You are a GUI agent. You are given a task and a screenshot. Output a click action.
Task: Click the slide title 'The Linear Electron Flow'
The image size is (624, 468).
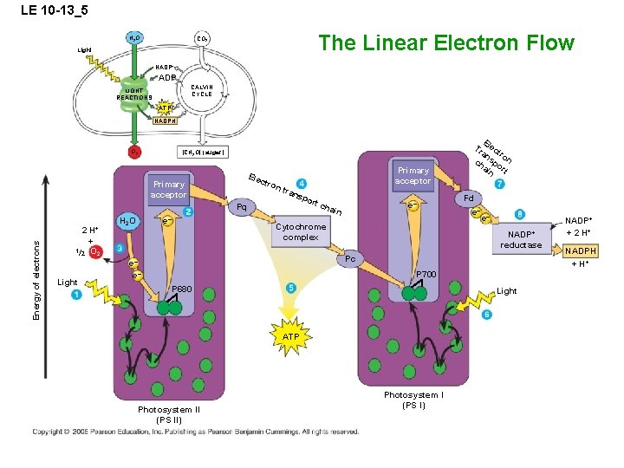click(446, 42)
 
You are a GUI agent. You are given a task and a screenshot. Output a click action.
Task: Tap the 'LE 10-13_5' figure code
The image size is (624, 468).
click(45, 10)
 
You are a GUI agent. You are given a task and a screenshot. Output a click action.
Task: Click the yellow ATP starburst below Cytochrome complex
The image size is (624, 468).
click(291, 335)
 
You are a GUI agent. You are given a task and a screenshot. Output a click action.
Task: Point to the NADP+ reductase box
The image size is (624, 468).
click(524, 239)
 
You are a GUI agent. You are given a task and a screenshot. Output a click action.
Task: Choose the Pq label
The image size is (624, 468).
click(242, 208)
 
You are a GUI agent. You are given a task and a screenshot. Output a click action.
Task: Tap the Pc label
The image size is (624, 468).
click(349, 258)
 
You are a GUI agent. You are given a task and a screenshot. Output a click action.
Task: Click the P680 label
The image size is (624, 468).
click(184, 289)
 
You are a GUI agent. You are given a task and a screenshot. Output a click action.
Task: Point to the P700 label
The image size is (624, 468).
click(426, 275)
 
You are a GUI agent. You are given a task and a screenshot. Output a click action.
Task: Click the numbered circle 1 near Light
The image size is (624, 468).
click(76, 296)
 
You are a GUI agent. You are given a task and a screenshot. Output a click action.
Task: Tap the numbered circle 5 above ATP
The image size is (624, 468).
click(291, 288)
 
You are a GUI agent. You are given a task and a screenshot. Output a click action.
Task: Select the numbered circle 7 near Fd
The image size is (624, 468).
click(500, 185)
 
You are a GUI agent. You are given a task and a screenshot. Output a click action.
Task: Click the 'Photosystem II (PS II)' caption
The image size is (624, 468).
click(169, 414)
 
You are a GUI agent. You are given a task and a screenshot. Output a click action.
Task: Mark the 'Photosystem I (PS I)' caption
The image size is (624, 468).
click(413, 400)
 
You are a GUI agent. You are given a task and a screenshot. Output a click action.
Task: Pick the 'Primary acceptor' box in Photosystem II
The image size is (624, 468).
click(168, 190)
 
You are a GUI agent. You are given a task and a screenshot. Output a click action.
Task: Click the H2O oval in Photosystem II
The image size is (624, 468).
click(128, 221)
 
